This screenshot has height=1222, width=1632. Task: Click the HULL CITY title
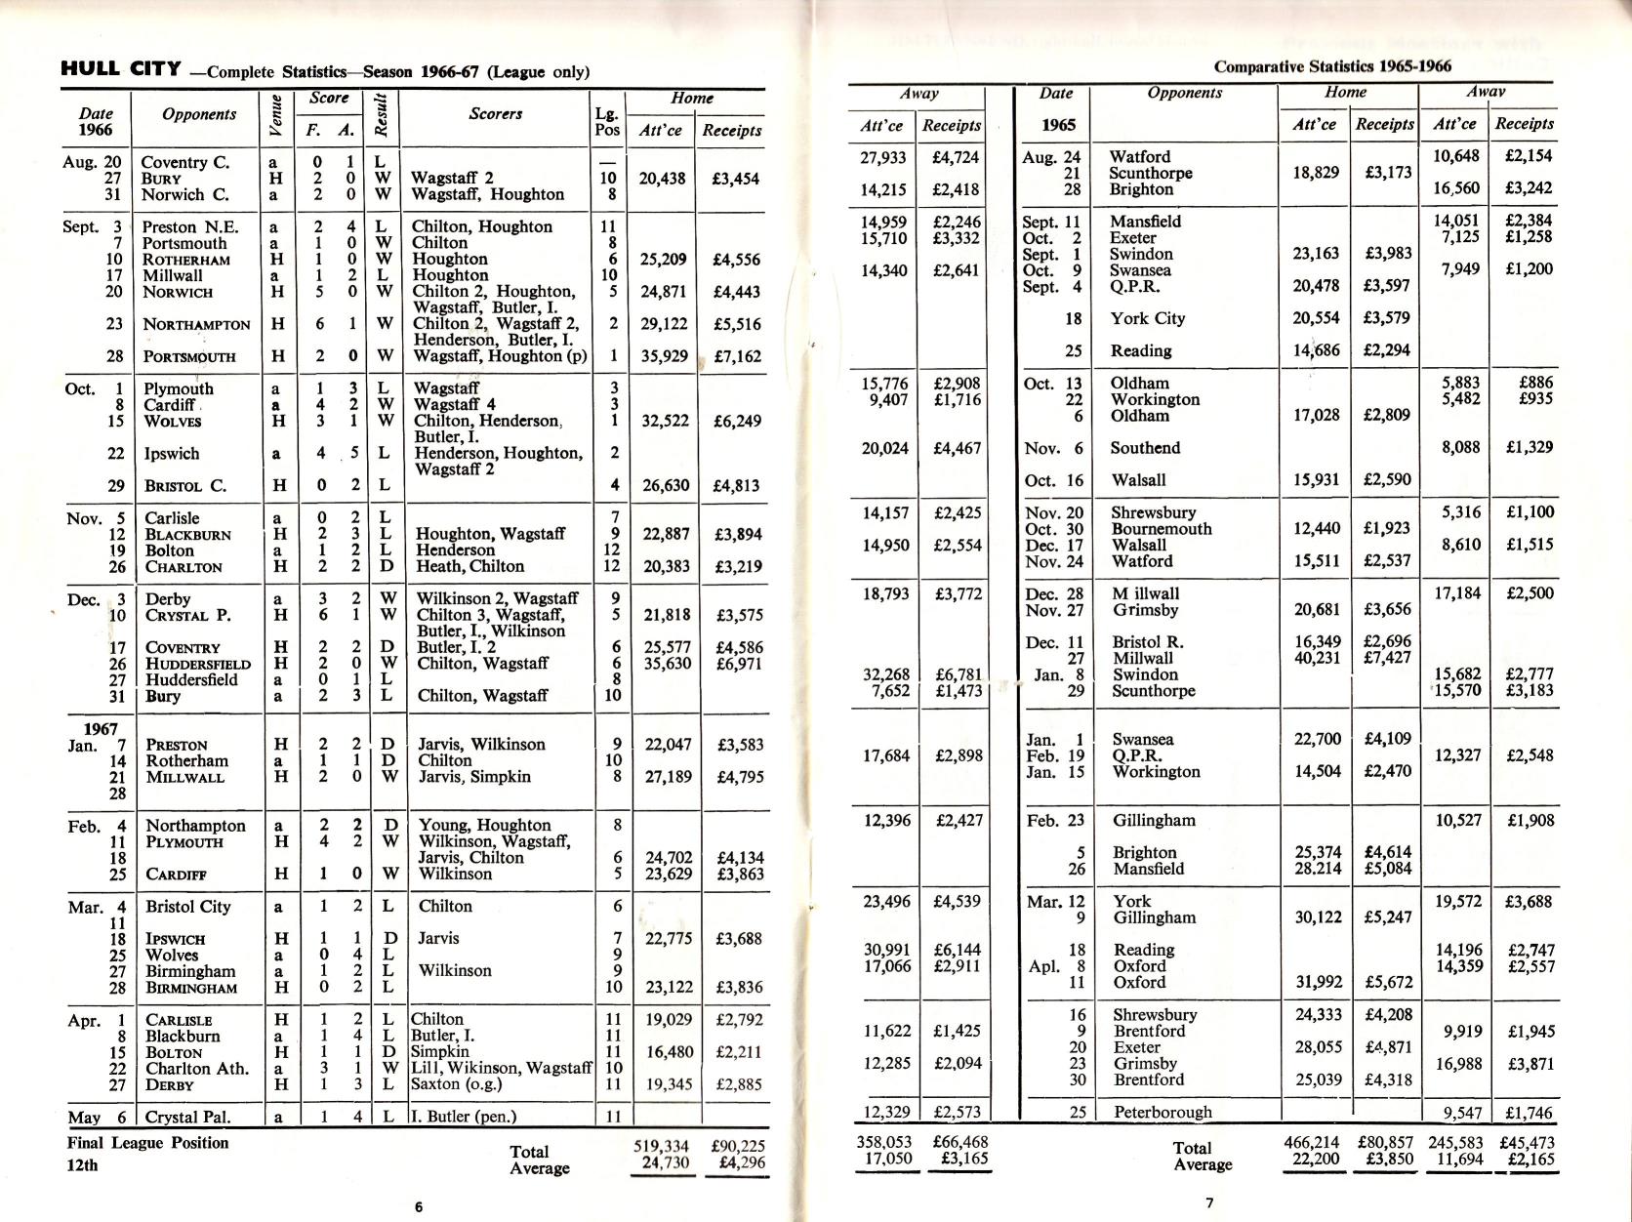coord(121,69)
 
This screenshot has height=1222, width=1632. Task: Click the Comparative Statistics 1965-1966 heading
coord(1332,66)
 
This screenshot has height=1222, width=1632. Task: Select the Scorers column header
coord(495,114)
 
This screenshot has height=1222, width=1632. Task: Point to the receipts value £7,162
coord(737,356)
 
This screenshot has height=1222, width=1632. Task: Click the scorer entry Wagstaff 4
coord(455,405)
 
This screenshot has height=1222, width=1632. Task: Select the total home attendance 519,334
coord(662,1146)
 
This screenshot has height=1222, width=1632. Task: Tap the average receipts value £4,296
coord(740,1163)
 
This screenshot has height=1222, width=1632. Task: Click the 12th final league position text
coord(83,1164)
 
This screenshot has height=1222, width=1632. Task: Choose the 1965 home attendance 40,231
coord(1318,659)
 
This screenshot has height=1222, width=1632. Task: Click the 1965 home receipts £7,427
coord(1387,659)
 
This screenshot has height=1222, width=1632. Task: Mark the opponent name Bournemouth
coord(1162,529)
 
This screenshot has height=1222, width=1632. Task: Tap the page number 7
coord(1209,1203)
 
